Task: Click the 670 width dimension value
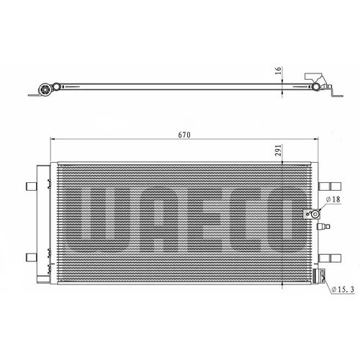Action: (184, 135)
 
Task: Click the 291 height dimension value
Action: (278, 150)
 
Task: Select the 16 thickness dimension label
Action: (278, 71)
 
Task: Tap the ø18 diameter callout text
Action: (333, 199)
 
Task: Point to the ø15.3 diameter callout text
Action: (343, 289)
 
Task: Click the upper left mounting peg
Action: (31, 186)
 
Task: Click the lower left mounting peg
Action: (31, 257)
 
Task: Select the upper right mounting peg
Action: (330, 186)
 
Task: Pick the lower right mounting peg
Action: (330, 258)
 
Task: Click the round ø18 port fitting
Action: (315, 214)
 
